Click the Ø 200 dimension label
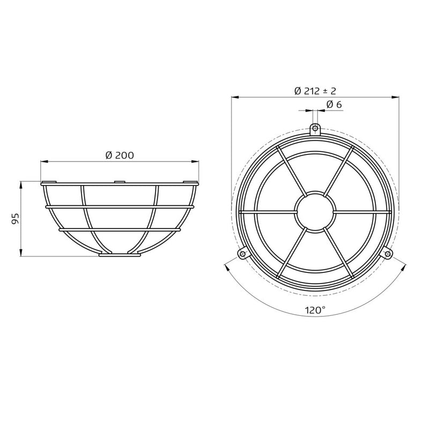120,155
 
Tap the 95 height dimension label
16,219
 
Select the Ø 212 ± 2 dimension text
315,91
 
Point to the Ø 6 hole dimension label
334,104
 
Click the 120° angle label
315,310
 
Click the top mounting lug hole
315,128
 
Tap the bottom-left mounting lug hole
242,254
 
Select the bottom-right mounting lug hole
387,254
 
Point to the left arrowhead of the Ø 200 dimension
44,162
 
